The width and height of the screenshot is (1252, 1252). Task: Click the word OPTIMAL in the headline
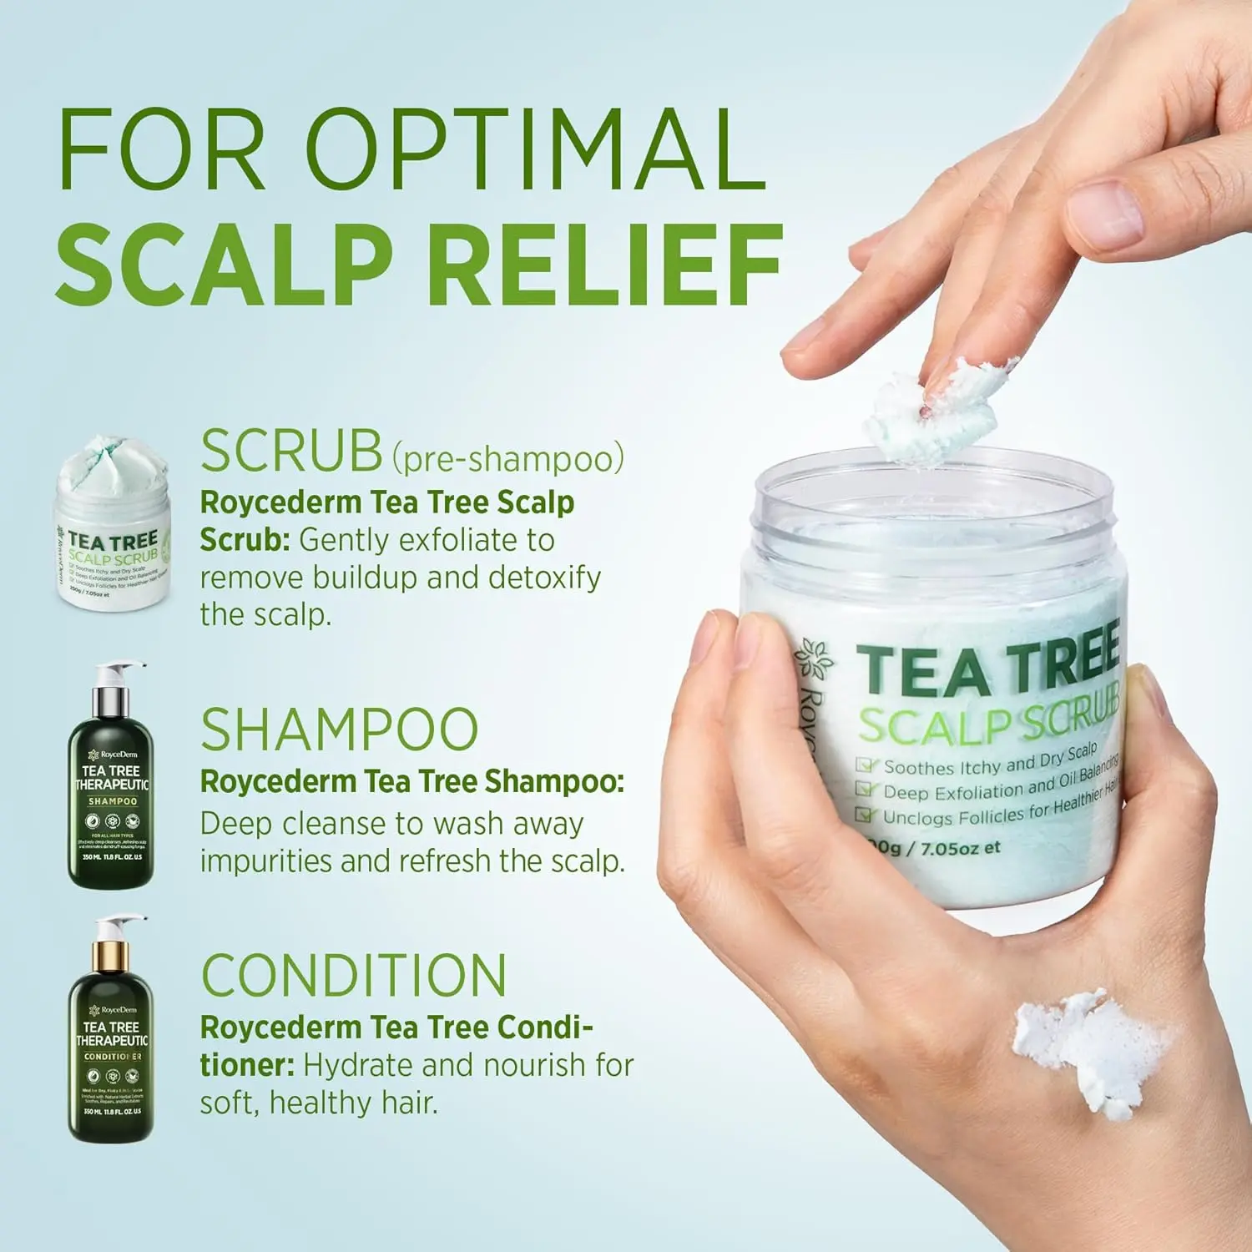point(537,150)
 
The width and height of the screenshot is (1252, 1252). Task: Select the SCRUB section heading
point(291,452)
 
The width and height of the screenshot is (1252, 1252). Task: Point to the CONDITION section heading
point(354,975)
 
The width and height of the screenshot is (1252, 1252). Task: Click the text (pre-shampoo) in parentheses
point(508,458)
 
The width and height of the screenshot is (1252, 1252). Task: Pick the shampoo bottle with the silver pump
point(111,776)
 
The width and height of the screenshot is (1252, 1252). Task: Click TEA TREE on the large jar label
point(989,668)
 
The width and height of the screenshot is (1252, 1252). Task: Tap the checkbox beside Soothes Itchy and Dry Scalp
point(866,765)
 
